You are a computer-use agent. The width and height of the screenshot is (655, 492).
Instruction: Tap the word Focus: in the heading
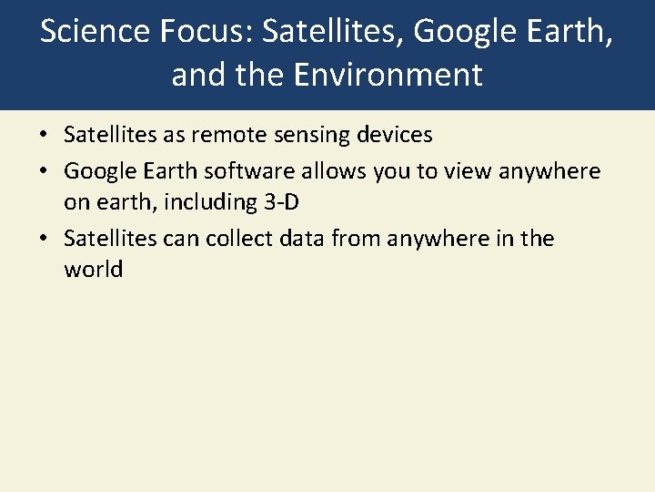(x=206, y=32)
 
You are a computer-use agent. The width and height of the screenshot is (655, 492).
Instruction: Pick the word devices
(x=392, y=135)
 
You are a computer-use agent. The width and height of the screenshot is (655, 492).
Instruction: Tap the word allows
(x=344, y=171)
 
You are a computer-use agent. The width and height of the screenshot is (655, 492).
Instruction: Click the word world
(x=93, y=270)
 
